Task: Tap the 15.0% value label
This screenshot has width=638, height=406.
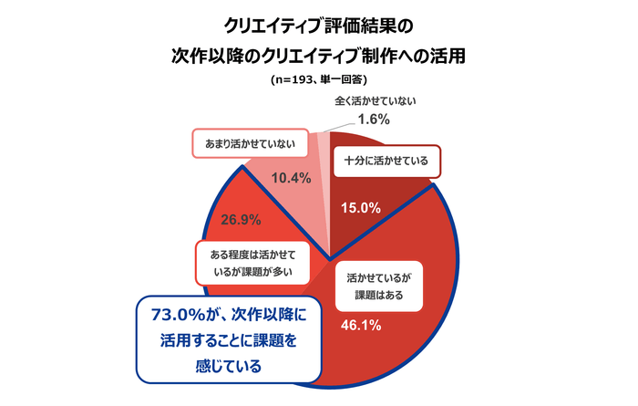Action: [360, 207]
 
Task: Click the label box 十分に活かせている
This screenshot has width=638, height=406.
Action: [386, 161]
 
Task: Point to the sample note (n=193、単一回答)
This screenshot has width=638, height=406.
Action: [318, 80]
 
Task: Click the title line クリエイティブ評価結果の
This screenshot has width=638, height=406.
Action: [319, 22]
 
